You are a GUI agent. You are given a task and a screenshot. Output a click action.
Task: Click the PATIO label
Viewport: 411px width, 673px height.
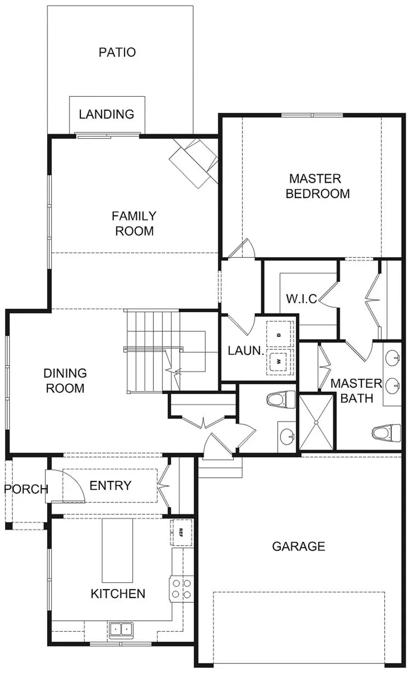117,52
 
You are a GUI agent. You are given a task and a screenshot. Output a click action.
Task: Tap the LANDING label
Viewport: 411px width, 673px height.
107,114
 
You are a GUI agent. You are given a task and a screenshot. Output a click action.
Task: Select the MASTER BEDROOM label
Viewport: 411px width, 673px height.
317,186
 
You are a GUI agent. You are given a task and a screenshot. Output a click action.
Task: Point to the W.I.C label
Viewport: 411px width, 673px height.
302,299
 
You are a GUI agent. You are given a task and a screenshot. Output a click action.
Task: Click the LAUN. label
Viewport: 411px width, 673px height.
246,351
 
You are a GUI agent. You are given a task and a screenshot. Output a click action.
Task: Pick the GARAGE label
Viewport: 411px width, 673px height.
299,546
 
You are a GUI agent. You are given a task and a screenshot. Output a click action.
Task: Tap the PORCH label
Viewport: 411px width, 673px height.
26,489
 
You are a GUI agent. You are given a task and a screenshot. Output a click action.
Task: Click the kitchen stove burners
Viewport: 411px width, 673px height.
181,589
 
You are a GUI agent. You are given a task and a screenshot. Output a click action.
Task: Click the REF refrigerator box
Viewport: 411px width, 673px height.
182,533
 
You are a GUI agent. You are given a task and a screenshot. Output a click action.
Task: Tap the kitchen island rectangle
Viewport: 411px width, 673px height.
118,551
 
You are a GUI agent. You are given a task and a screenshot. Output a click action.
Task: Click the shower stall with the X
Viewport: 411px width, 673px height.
316,422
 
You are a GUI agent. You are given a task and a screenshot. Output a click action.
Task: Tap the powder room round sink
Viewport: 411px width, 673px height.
287,437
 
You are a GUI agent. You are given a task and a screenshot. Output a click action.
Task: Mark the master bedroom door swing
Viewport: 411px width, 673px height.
241,248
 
